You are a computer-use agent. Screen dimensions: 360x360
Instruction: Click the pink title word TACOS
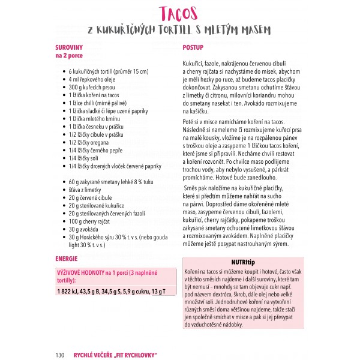(179, 13)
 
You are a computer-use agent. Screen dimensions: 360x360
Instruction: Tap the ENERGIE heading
(67, 259)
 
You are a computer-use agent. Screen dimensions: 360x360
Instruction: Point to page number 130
(59, 355)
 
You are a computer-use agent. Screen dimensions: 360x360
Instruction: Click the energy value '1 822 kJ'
(70, 292)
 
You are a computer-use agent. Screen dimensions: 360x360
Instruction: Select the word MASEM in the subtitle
(253, 29)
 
